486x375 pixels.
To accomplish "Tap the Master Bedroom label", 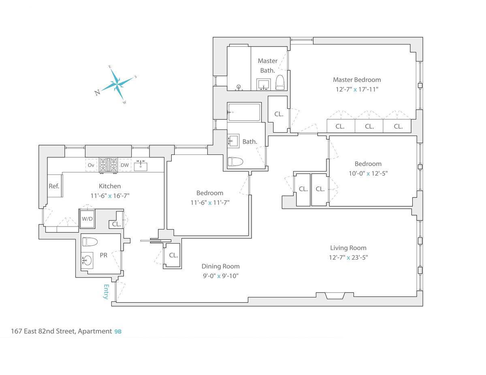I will point(357,80).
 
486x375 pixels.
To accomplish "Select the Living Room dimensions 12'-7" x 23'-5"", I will point(348,257).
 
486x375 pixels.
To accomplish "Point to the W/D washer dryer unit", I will point(87,219).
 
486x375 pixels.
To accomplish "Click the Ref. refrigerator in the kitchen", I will point(54,186).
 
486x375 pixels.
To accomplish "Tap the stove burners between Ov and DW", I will point(108,165).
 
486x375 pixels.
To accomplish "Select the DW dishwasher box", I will point(125,165).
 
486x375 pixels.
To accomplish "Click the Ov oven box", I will point(91,165).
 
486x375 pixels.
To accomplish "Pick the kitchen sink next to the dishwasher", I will point(141,165).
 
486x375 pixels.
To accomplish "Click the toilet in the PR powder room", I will point(90,242).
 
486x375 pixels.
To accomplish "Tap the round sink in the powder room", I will point(87,260).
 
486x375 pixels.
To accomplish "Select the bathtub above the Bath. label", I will point(244,112).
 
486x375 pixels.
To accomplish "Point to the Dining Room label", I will point(221,266).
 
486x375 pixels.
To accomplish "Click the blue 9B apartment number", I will point(118,331).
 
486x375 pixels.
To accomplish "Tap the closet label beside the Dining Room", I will point(173,255).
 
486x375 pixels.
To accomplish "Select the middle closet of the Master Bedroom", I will point(369,126).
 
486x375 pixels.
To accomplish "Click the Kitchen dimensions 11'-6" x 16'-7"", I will point(110,196).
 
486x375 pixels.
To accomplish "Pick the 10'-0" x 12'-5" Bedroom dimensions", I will point(368,174).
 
